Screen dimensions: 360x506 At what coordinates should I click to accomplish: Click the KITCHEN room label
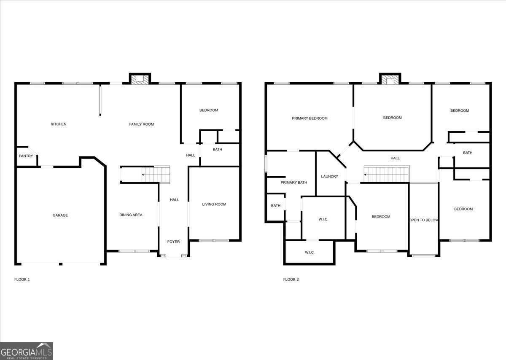pos(59,124)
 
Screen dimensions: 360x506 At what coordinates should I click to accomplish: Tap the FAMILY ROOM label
pos(141,124)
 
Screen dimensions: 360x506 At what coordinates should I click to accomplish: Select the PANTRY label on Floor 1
pos(26,156)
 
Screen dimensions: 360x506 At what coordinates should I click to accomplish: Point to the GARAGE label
pos(60,215)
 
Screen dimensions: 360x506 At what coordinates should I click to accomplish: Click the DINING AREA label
pos(131,215)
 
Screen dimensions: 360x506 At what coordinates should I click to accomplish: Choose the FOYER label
pos(173,242)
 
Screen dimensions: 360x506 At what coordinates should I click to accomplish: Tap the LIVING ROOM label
pos(214,204)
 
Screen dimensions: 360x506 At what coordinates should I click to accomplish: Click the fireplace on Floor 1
pos(140,79)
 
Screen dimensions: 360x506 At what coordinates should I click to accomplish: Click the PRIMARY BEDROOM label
pos(310,118)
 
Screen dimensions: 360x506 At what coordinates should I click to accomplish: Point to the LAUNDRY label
pos(329,176)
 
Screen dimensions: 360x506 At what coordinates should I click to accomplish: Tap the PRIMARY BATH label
pos(294,183)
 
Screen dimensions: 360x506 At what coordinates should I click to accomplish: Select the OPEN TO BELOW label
pos(424,220)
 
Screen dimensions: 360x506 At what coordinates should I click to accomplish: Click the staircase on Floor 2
pos(387,174)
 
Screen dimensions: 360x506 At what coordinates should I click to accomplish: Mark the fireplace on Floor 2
pos(390,80)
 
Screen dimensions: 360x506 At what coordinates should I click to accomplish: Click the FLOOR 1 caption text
pos(22,279)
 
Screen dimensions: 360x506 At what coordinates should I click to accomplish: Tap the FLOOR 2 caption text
pos(291,279)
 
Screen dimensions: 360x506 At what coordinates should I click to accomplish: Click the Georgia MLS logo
pos(27,351)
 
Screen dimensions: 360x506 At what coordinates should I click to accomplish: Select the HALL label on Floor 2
pos(395,158)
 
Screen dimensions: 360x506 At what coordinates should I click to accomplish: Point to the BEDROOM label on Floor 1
pos(209,110)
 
